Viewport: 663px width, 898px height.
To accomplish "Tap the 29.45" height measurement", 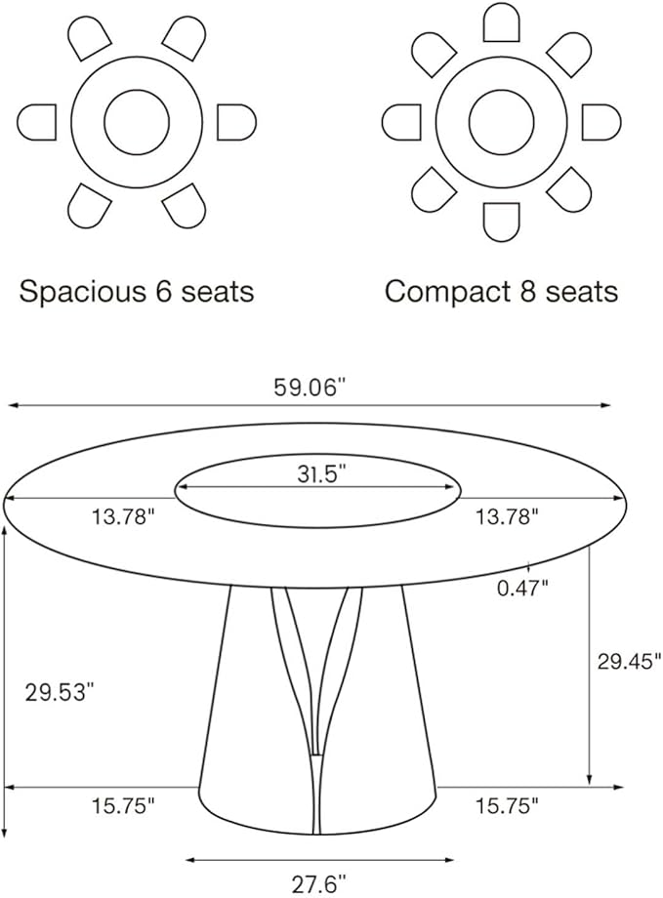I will pyautogui.click(x=623, y=661).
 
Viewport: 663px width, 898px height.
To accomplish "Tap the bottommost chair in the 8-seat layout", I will pyautogui.click(x=501, y=222).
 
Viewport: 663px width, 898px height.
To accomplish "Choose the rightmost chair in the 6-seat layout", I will pyautogui.click(x=235, y=122).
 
